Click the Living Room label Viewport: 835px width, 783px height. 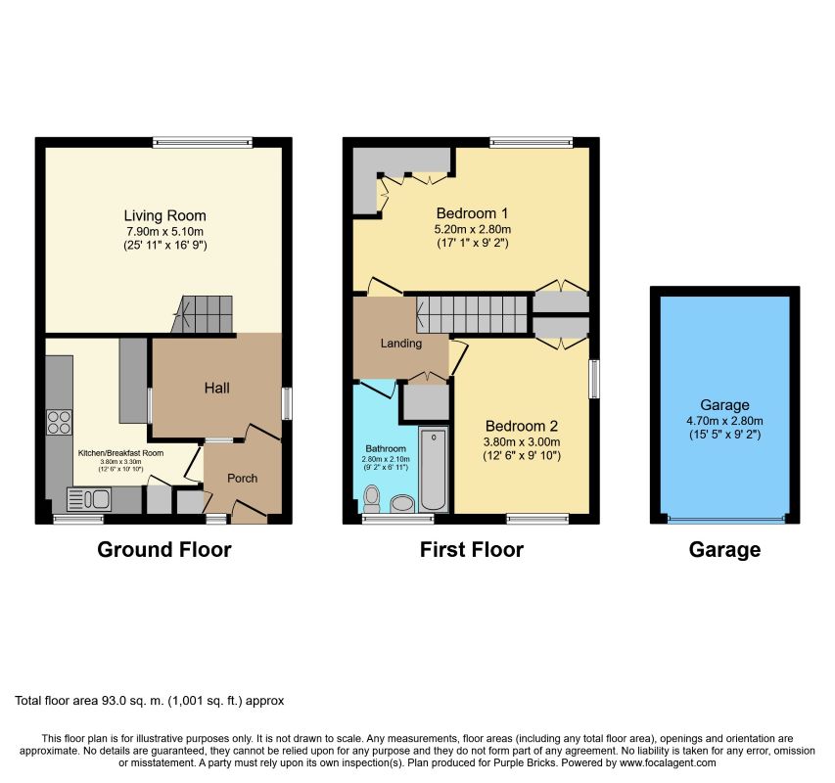[165, 215]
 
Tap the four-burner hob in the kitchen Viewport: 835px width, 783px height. [59, 422]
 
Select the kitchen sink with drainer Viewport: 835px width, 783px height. [88, 499]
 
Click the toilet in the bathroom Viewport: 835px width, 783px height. [372, 499]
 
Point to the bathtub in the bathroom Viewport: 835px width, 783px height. [434, 470]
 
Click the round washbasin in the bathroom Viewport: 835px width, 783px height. [402, 503]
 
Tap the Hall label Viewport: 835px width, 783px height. [217, 388]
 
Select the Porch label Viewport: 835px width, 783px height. [243, 478]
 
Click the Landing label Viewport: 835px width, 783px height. [401, 344]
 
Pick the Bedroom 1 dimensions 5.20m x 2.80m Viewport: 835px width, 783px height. [473, 229]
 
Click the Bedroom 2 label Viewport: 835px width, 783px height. [522, 426]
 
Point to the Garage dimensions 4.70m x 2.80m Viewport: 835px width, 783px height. [724, 421]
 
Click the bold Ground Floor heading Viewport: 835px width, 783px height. [164, 550]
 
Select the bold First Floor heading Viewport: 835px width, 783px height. [472, 550]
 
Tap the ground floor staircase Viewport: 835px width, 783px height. [203, 314]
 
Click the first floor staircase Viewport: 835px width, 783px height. [472, 314]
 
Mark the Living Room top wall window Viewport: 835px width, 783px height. [203, 142]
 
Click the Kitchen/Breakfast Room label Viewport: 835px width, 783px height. [120, 453]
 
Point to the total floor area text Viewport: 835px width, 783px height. [150, 701]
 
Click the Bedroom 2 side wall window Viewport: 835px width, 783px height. [594, 379]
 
